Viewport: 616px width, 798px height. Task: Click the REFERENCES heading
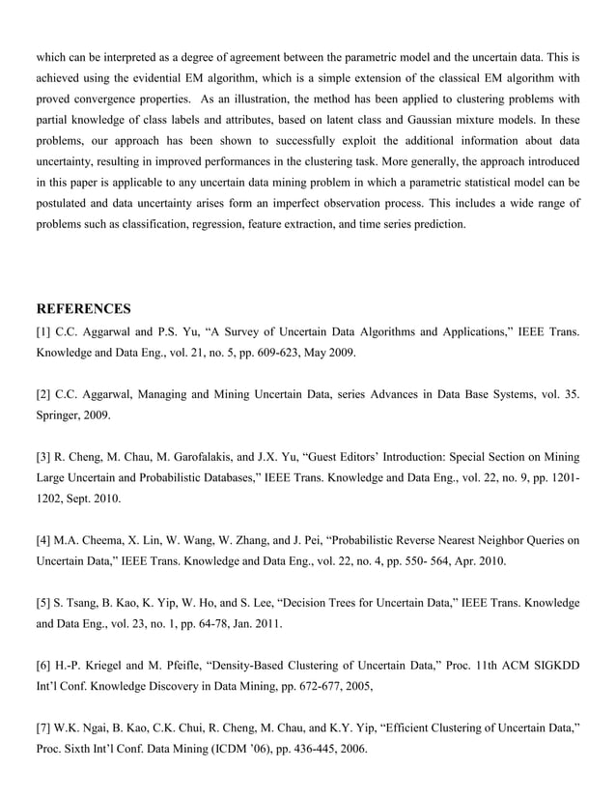[83, 309]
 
